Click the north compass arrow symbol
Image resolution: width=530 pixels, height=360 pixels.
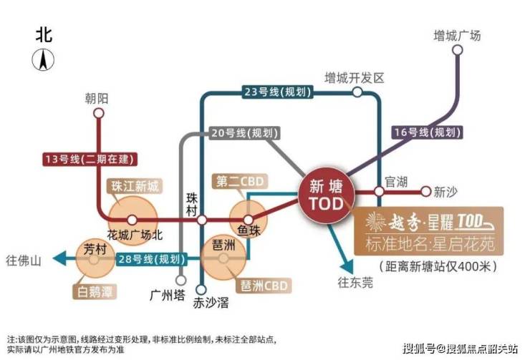[43, 59]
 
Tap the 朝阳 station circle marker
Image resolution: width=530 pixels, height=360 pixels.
[98, 113]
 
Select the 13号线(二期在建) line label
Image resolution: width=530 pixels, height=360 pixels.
[90, 159]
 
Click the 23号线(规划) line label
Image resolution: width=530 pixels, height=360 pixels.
[277, 92]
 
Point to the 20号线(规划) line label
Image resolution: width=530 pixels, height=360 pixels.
[245, 133]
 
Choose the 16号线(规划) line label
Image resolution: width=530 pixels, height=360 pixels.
[428, 132]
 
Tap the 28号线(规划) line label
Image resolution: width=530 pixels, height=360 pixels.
[152, 259]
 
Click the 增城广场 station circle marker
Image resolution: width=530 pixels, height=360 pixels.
[458, 50]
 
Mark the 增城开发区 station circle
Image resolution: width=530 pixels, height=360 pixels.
[357, 92]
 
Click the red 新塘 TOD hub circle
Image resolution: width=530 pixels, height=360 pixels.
[326, 195]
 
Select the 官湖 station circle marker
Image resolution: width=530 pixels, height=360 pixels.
[380, 192]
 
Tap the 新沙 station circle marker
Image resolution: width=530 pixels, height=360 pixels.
[426, 192]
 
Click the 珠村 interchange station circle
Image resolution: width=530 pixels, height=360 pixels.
[202, 220]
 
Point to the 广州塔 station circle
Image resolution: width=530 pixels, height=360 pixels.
[181, 280]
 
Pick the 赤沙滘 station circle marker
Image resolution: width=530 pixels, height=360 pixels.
[201, 289]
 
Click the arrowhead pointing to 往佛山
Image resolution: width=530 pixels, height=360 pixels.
[60, 258]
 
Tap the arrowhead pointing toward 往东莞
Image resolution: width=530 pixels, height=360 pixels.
[347, 266]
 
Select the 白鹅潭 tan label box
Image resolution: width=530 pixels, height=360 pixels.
[95, 291]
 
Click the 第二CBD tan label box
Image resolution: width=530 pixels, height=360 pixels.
[240, 182]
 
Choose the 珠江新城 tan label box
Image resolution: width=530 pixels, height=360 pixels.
[135, 186]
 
